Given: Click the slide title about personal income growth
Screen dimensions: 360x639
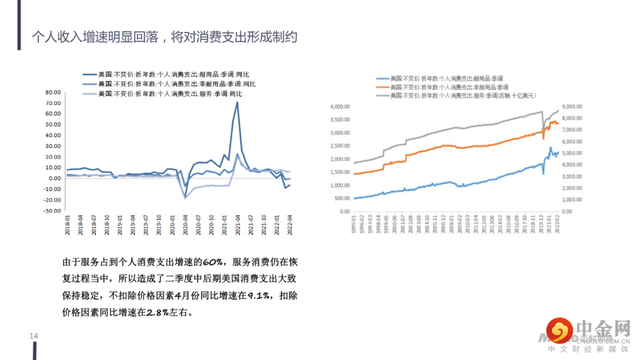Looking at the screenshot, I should (x=164, y=37).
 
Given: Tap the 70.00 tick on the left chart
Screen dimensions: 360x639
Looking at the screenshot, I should (x=52, y=103).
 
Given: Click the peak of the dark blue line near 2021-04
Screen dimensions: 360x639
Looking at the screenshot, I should (x=237, y=102).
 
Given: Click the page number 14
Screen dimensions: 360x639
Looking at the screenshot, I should (x=34, y=336).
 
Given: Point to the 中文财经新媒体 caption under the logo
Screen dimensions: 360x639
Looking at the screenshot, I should (x=589, y=349).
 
